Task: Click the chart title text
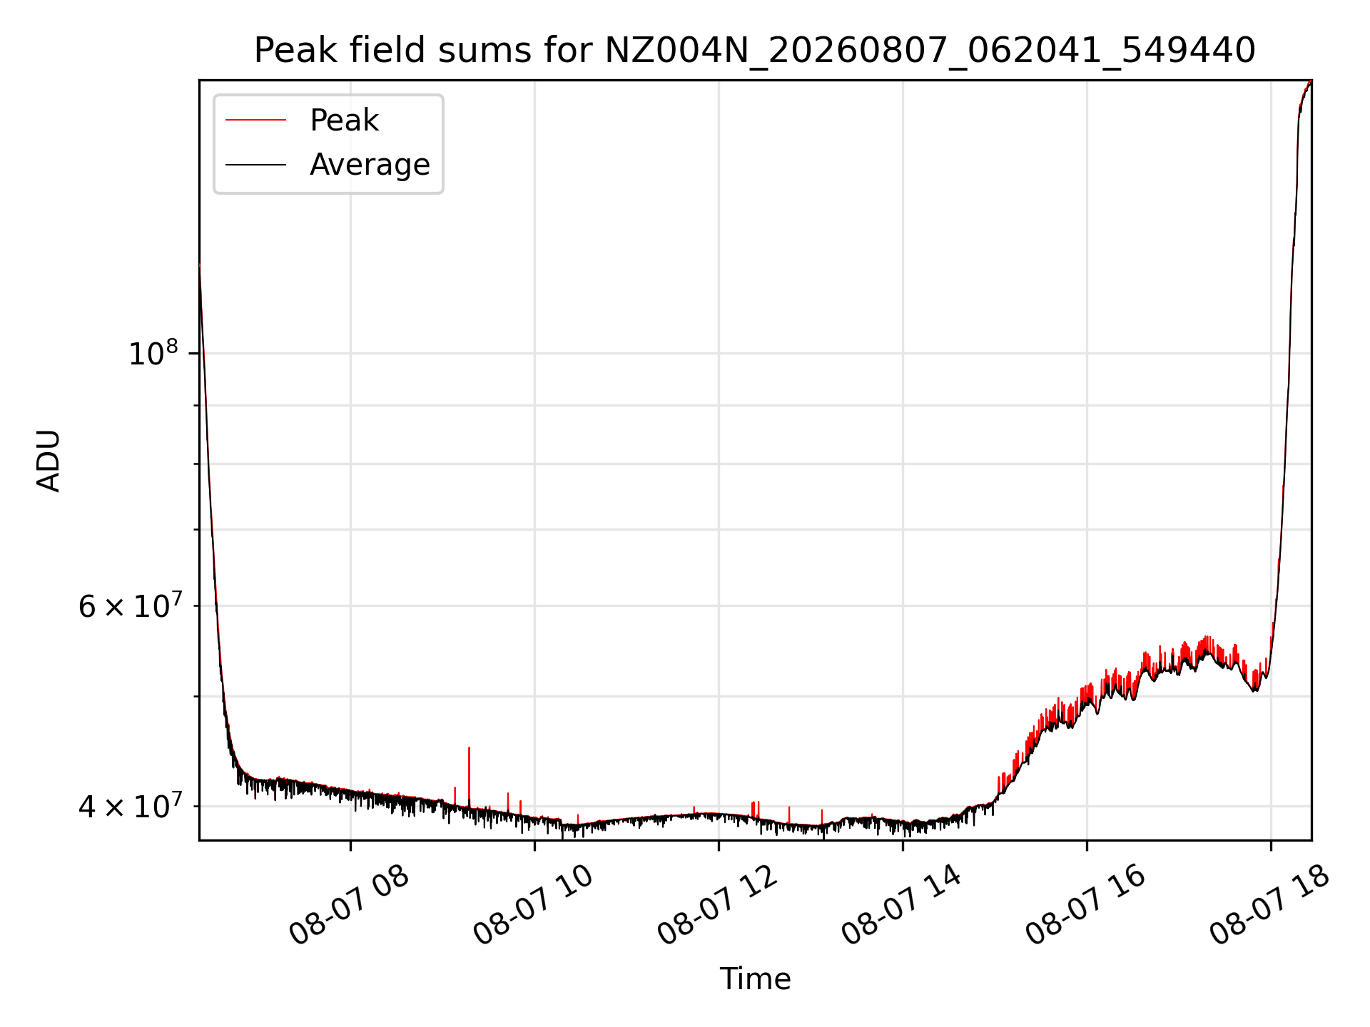[755, 51]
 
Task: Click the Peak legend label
[344, 121]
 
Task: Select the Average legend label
[370, 165]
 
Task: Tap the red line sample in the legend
[255, 121]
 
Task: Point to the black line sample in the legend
[255, 165]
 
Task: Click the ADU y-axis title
[49, 461]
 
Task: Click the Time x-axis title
[755, 979]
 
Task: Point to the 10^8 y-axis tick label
[153, 353]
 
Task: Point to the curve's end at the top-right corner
[1311, 81]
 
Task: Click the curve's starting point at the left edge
[200, 265]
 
